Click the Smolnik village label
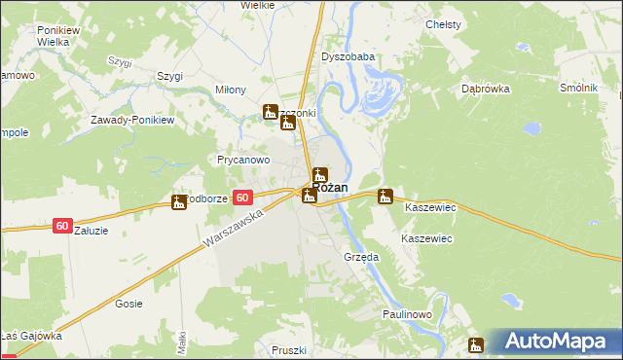(578, 89)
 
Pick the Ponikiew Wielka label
(56, 37)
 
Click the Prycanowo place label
(243, 159)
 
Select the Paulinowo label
(407, 313)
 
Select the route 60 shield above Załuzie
(62, 226)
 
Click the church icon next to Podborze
(178, 202)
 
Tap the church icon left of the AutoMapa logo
(476, 343)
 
